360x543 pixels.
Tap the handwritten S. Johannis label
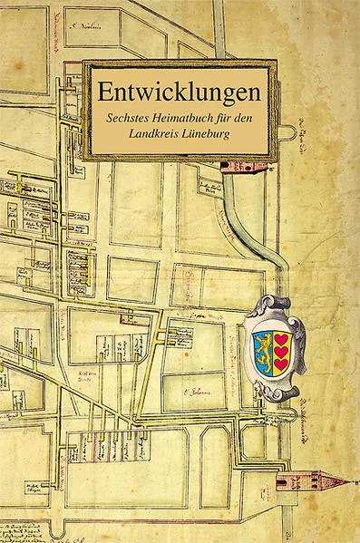coord(196,392)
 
